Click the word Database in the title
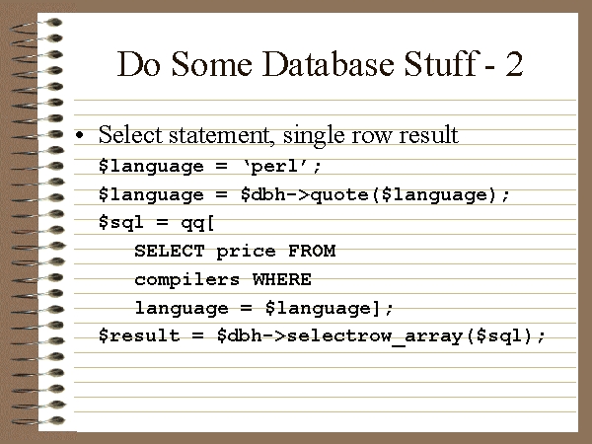click(328, 64)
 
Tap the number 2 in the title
click(514, 64)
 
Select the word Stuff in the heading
click(440, 63)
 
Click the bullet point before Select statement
click(79, 135)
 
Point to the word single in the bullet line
click(314, 135)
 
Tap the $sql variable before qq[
click(120, 222)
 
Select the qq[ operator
click(197, 223)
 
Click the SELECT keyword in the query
click(169, 251)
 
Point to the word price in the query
click(246, 252)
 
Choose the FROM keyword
click(312, 251)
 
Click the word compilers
click(186, 280)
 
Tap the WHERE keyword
click(281, 279)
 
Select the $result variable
click(139, 335)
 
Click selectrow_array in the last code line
click(375, 336)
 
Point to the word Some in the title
click(212, 64)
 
